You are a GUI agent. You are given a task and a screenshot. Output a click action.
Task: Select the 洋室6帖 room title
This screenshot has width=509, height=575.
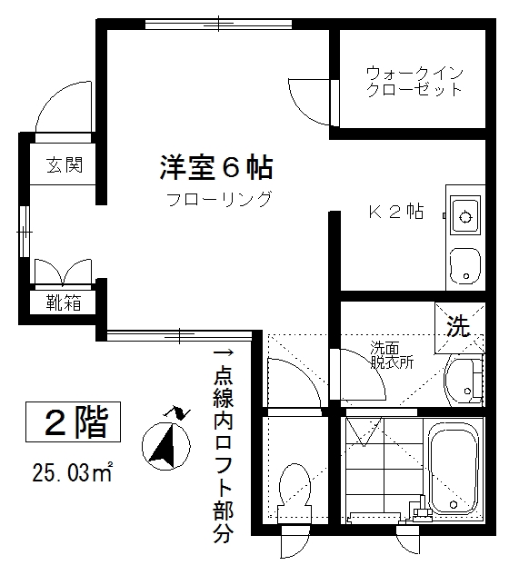[x=217, y=167]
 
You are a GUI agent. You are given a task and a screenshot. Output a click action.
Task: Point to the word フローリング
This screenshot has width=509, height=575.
[x=218, y=200]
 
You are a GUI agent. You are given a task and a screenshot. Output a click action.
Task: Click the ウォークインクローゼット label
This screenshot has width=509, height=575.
[x=414, y=81]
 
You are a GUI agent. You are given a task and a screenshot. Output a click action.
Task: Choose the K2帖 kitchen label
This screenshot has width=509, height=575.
[x=395, y=213]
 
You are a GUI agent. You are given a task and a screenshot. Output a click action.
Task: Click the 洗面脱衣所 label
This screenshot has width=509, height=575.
[x=391, y=354]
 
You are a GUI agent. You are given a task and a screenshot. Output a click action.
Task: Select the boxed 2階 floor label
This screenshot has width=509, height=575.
[x=75, y=421]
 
